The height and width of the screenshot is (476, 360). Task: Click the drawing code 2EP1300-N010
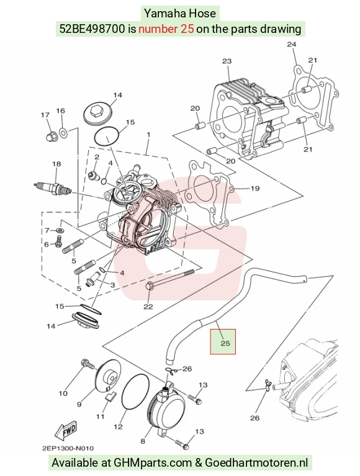coord(68,448)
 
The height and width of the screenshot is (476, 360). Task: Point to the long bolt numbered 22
coord(170,279)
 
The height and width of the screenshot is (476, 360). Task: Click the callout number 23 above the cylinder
coord(227,61)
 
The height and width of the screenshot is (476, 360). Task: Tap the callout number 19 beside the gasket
coord(255,189)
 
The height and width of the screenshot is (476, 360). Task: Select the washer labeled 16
coord(63,132)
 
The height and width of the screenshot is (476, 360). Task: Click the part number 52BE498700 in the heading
coord(92,29)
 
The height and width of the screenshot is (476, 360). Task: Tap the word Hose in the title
coord(205,14)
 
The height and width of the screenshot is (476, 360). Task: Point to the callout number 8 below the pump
coord(143,441)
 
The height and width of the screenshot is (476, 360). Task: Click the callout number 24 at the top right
coord(291,44)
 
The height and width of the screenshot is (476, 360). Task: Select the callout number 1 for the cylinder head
coord(148,134)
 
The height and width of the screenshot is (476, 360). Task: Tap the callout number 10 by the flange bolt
coord(63,393)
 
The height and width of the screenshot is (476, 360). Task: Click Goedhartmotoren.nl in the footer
coord(256,463)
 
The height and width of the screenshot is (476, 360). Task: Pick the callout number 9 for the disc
coord(79,405)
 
